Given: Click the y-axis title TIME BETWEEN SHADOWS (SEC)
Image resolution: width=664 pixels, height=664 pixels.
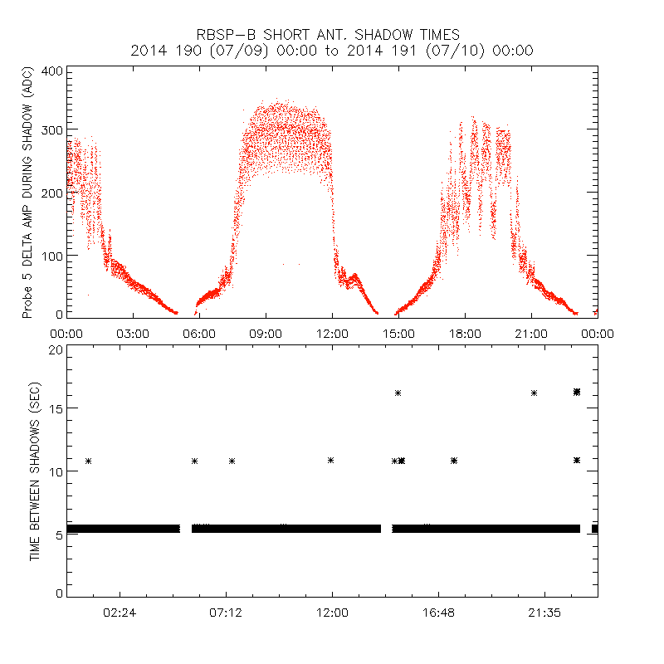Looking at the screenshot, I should click(x=36, y=472).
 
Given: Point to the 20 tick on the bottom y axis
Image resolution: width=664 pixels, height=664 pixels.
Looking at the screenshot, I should click(x=56, y=349).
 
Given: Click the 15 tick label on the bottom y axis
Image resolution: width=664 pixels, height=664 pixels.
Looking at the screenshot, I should click(x=56, y=409).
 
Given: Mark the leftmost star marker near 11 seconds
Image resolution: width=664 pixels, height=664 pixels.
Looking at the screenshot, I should click(x=88, y=461).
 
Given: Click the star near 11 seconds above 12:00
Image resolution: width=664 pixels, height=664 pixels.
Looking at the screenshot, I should click(x=331, y=460).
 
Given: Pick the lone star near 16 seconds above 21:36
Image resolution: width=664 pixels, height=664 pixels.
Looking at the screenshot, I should click(x=534, y=393).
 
